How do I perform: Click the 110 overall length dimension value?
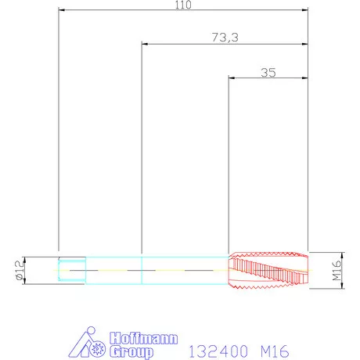coord(183,5)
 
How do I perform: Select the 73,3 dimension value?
coord(225,38)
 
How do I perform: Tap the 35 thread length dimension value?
coord(268,73)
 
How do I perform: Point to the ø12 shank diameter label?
coord(20,270)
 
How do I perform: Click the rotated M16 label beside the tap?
coord(337,270)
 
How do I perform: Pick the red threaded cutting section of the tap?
coord(268,271)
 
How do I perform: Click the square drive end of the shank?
coord(72,270)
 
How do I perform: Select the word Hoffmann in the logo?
coord(143,338)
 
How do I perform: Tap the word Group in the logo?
coord(131,352)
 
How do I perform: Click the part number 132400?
coord(218,351)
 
